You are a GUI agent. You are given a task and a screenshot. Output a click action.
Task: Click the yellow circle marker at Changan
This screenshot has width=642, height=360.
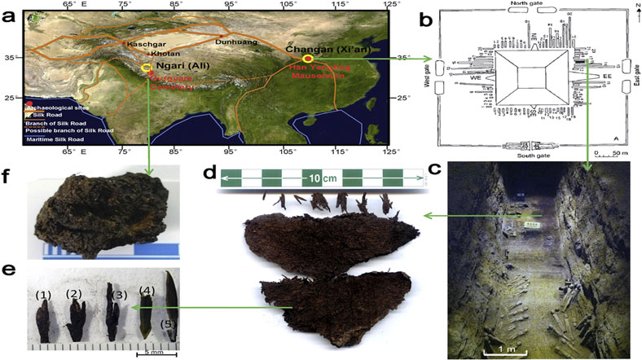[308, 59]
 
